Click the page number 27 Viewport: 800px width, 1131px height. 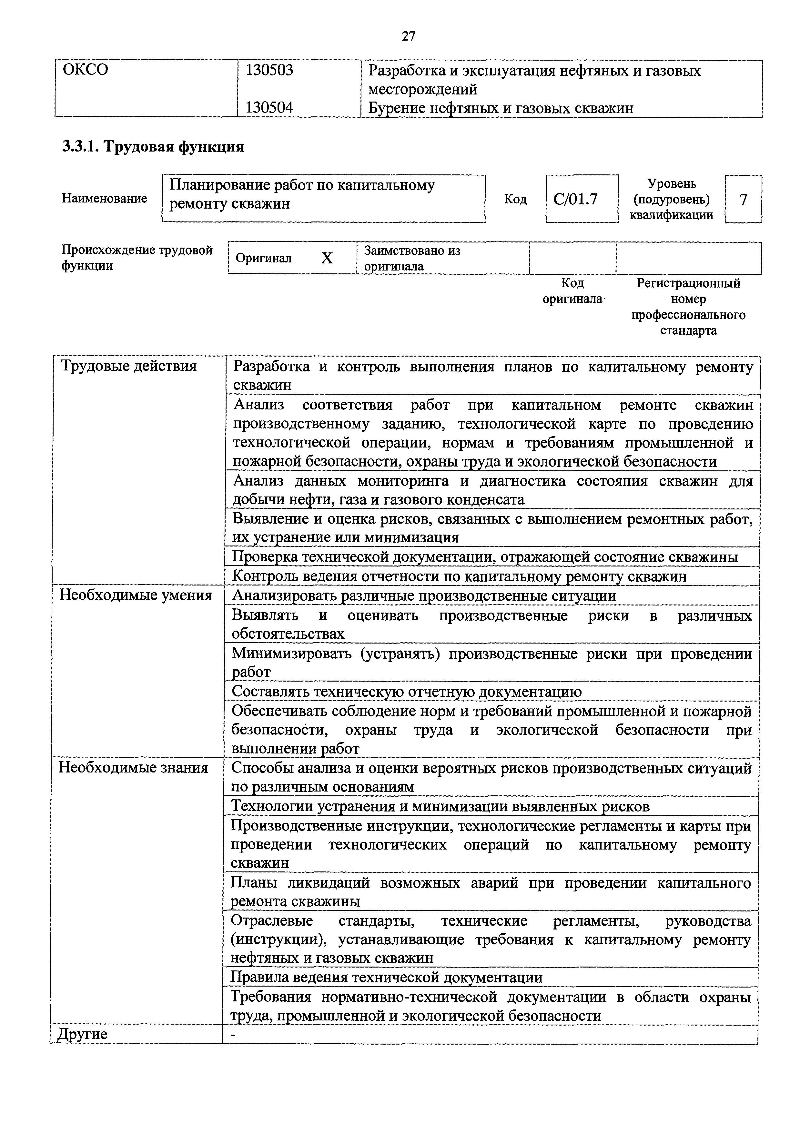(409, 36)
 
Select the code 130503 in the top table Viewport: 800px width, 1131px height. (269, 70)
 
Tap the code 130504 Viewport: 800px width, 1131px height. (269, 107)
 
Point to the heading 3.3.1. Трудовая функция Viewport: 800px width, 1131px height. (153, 147)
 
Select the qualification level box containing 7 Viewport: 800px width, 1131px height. (743, 199)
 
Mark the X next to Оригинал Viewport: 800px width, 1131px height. (327, 258)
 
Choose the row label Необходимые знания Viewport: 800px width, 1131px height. (133, 768)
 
